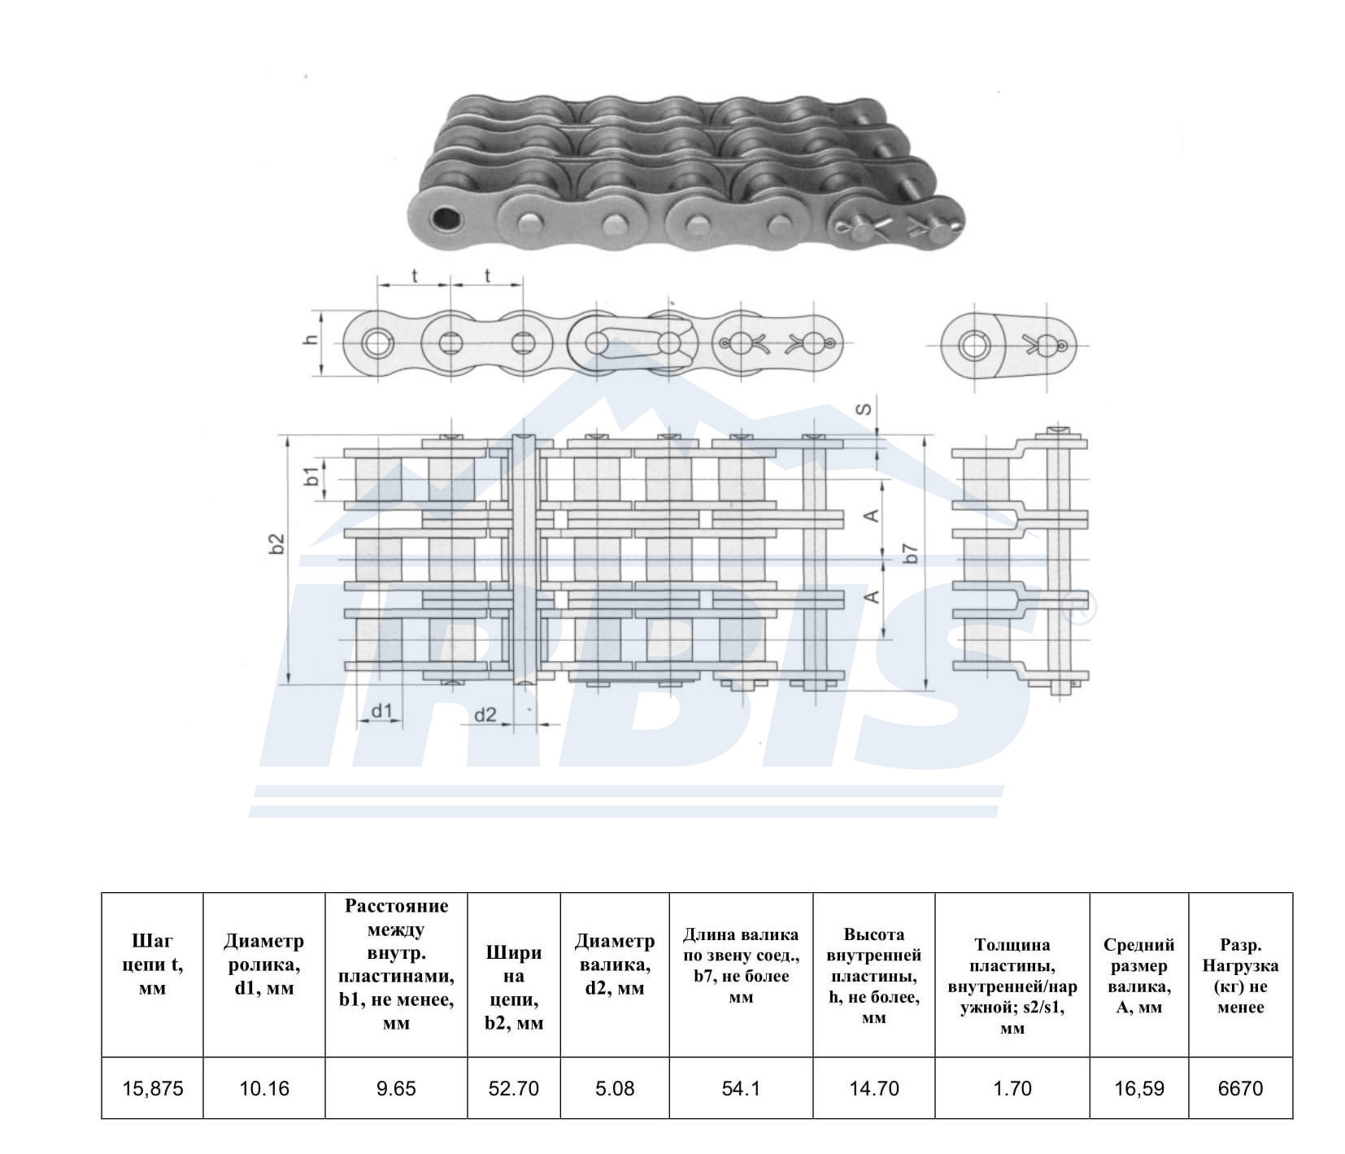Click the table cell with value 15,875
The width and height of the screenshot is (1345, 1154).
153,1088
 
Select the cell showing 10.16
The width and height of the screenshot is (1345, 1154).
264,1088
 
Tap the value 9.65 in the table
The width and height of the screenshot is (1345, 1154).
396,1088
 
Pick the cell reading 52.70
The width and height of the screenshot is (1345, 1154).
513,1088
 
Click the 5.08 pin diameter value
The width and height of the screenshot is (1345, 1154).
615,1088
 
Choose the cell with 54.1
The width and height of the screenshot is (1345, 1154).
741,1088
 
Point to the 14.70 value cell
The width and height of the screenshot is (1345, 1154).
874,1088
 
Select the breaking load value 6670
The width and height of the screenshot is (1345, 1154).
1240,1088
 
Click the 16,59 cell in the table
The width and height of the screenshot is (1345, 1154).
1138,1088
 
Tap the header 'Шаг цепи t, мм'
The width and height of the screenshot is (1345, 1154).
153,965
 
